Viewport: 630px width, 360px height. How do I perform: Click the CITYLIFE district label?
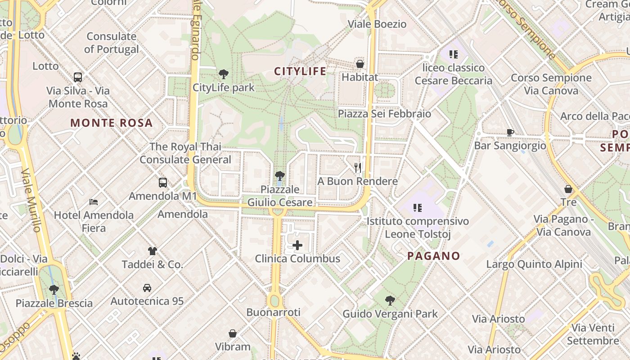coord(300,71)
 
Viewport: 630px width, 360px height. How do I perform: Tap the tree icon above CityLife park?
coord(223,74)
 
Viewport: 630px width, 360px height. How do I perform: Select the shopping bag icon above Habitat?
coord(360,64)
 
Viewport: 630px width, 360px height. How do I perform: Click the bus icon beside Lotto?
coord(78,77)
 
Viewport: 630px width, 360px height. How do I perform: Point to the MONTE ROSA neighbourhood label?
coord(112,123)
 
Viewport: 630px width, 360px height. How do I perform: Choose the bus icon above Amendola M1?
coord(163,183)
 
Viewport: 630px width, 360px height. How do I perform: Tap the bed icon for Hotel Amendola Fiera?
coord(94,202)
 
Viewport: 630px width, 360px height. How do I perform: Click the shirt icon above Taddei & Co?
coord(153,251)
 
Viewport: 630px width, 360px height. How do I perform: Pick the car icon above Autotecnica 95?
coord(147,288)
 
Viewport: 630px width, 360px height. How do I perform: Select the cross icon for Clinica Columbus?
coord(297,245)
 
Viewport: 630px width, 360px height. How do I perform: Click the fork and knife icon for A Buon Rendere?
coord(358,168)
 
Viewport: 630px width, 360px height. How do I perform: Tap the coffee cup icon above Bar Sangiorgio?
coord(510,132)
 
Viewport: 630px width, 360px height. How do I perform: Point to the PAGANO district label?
coord(434,256)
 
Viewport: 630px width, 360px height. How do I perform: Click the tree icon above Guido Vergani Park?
coord(390,300)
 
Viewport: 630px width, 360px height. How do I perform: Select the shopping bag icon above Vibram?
coord(233,333)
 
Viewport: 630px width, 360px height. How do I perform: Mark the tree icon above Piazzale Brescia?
coord(54,289)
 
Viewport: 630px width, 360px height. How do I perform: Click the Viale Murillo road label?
coord(31,200)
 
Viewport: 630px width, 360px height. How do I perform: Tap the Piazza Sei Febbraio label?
coord(384,113)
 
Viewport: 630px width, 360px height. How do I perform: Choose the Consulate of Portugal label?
coord(112,43)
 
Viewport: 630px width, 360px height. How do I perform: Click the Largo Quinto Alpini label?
coord(534,264)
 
